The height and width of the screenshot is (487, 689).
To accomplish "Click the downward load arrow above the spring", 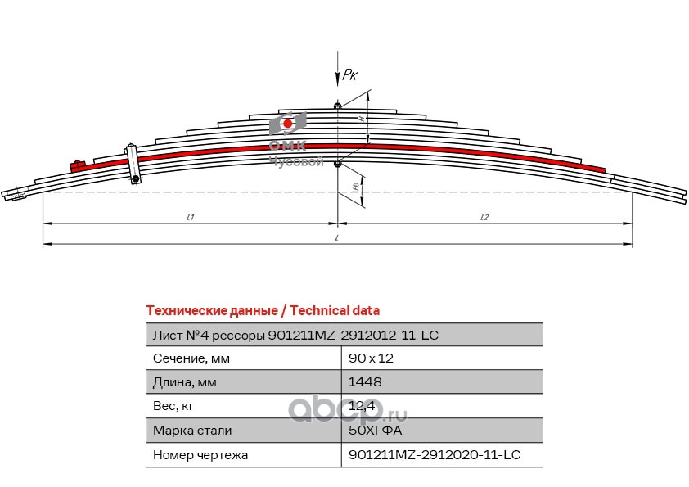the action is [x=337, y=70].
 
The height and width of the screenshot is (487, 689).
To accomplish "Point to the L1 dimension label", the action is [x=190, y=217].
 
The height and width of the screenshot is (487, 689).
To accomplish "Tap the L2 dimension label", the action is [x=484, y=217].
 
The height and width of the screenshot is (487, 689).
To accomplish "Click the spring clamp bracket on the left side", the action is [x=133, y=165].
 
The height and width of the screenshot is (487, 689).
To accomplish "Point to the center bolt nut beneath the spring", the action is [x=337, y=164].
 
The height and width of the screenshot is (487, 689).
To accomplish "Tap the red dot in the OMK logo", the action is [x=287, y=123].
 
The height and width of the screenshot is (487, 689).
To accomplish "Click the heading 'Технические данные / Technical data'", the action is [x=262, y=310].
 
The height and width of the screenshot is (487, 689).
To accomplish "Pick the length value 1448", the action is [x=365, y=381].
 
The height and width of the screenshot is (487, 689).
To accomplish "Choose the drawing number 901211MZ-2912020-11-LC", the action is [x=435, y=453].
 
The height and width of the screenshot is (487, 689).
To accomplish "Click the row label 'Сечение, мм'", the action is [x=191, y=358].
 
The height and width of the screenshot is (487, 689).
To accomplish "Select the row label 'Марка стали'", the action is [x=192, y=430].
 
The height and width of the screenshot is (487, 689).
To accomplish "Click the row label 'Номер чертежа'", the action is [x=200, y=453].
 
